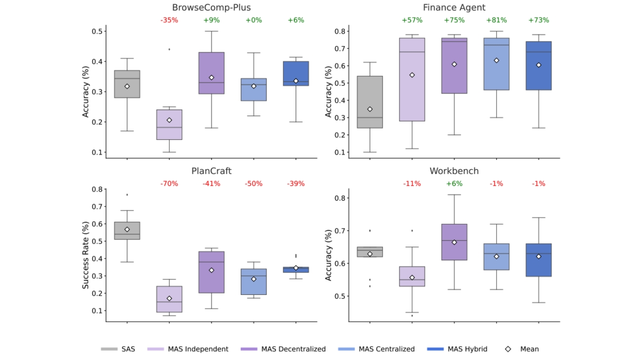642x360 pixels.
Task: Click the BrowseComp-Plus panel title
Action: [211, 7]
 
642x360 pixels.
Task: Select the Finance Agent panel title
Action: [454, 7]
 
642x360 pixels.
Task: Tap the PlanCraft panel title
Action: [211, 171]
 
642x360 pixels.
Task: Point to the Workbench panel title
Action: [454, 171]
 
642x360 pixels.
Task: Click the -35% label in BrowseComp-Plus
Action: [169, 20]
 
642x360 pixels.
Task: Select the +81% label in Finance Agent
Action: [496, 20]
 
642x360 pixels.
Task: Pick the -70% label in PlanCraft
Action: [169, 184]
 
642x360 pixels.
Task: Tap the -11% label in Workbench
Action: [412, 184]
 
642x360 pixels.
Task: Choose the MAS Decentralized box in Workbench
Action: [454, 242]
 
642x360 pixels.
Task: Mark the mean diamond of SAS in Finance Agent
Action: [370, 109]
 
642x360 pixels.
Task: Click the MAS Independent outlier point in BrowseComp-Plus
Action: [169, 49]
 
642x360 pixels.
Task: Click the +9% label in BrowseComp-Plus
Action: [211, 20]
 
